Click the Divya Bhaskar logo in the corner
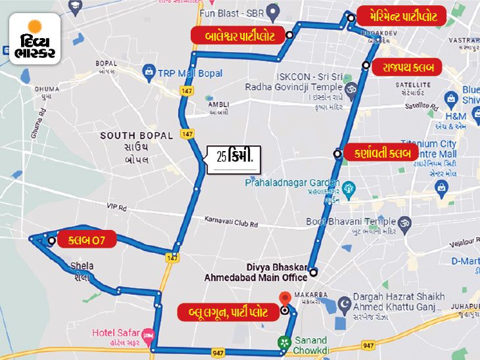pyautogui.click(x=35, y=39)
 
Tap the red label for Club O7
pyautogui.click(x=86, y=240)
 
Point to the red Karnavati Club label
pyautogui.click(x=381, y=153)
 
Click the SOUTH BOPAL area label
pyautogui.click(x=137, y=136)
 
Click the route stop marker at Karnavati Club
pyautogui.click(x=337, y=155)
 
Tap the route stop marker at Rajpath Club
pyautogui.click(x=366, y=64)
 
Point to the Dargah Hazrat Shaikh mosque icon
pyautogui.click(x=343, y=304)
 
